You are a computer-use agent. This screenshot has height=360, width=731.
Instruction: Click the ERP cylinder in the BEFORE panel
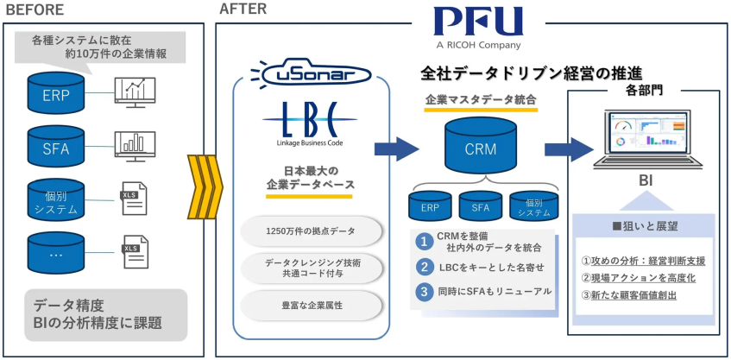click(55, 92)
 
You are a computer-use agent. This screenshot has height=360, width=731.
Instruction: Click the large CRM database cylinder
click(480, 146)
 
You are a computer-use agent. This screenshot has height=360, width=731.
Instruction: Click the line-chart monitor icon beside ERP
click(135, 92)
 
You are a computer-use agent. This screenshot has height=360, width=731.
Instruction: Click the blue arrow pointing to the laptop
click(569, 148)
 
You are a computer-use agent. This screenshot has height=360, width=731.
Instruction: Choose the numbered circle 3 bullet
click(424, 291)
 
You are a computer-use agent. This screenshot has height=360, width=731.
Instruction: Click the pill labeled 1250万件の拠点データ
click(310, 231)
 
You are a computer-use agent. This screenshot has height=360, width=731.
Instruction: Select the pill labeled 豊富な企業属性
click(310, 305)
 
